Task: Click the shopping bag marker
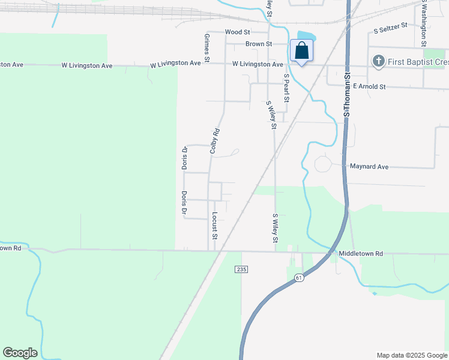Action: point(301,51)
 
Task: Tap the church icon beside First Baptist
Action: point(378,61)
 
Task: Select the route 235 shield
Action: point(241,270)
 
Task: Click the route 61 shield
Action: point(300,278)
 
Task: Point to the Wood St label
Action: point(237,32)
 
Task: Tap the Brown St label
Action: point(259,44)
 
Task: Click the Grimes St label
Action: point(206,47)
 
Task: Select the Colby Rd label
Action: point(214,141)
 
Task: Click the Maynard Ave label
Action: point(369,166)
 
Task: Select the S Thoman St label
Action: point(346,93)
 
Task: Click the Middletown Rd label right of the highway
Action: point(360,254)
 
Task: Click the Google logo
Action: point(20,353)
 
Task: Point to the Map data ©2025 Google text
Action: point(411,355)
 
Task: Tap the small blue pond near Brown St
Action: point(306,37)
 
